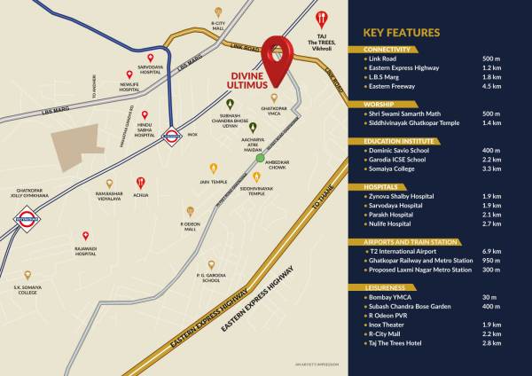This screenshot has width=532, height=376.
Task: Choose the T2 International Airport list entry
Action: point(404,252)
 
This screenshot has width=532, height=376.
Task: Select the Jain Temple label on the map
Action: point(213,181)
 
